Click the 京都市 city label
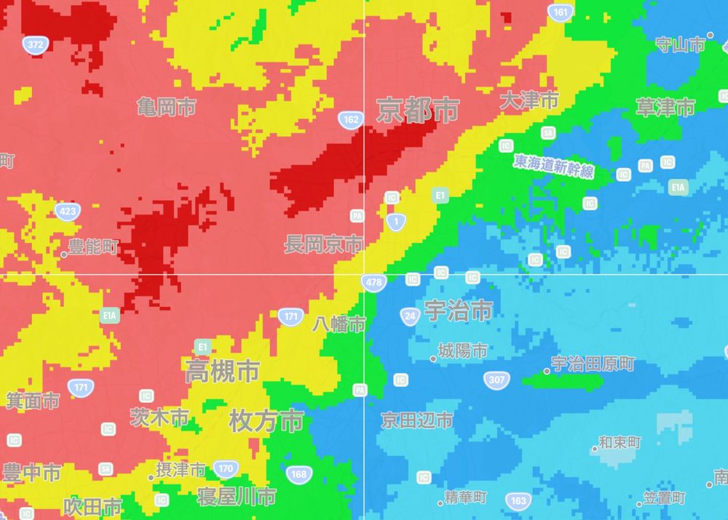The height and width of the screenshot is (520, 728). (417, 111)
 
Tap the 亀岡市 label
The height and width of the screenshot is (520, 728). (166, 108)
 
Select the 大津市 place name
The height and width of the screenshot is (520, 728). (529, 100)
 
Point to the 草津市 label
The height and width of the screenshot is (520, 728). (665, 108)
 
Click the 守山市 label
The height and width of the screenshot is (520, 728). (680, 45)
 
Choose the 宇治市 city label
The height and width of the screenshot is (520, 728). (457, 311)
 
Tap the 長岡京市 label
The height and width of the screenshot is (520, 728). (323, 244)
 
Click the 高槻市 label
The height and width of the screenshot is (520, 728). (222, 372)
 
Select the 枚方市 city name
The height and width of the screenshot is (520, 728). (266, 420)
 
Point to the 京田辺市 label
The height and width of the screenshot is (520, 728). (417, 420)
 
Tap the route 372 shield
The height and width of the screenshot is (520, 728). (34, 45)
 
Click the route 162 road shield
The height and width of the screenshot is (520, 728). (351, 119)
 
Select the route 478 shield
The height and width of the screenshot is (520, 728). (373, 282)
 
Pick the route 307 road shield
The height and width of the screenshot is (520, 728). (496, 380)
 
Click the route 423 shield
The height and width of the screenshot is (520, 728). (67, 212)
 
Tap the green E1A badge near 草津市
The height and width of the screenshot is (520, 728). (678, 188)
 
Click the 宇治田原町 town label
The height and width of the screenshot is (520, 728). (593, 364)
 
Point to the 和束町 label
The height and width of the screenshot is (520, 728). (620, 442)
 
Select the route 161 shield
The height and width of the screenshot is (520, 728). (561, 13)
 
